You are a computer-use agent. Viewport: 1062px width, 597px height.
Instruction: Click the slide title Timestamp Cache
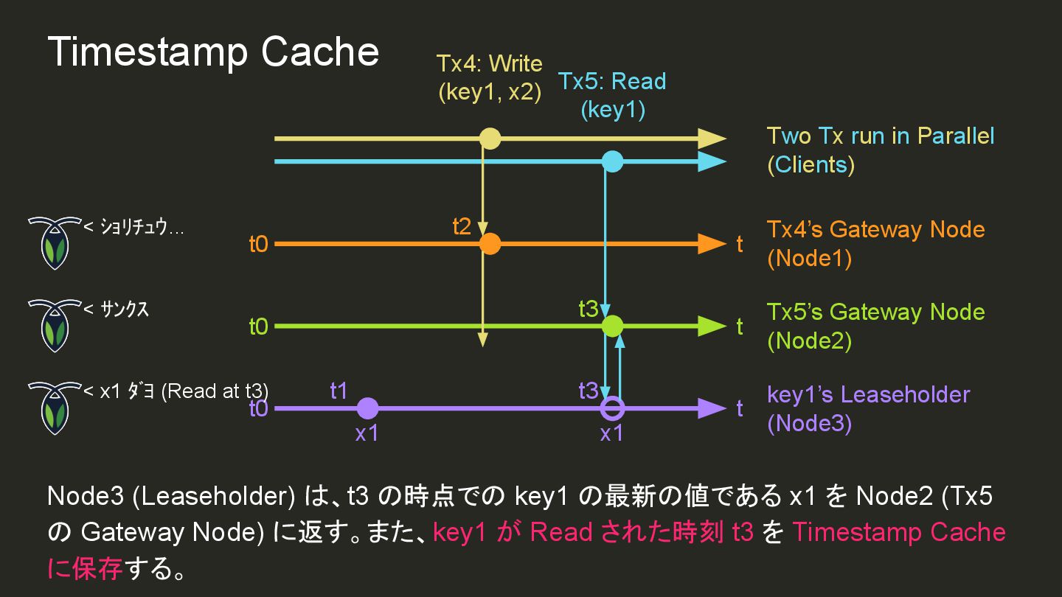point(213,52)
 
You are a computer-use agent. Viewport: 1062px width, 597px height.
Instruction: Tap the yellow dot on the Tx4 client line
point(490,139)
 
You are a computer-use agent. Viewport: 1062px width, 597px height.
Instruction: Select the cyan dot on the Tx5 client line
point(612,161)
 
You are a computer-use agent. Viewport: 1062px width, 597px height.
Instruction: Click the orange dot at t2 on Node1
point(490,244)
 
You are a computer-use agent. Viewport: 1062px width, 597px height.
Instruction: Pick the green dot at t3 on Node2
point(612,326)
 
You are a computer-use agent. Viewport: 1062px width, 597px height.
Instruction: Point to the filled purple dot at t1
point(367,408)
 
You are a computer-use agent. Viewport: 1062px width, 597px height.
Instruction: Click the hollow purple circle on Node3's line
point(612,408)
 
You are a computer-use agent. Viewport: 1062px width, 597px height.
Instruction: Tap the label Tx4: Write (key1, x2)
point(489,77)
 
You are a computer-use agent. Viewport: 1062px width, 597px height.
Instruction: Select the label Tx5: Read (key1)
point(612,95)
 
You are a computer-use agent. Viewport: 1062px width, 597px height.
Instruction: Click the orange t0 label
point(258,245)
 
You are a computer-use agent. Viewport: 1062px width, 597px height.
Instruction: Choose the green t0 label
point(258,327)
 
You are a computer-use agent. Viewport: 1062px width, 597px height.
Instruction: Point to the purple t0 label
point(258,409)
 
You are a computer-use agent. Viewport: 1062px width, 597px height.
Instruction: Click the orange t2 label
point(462,226)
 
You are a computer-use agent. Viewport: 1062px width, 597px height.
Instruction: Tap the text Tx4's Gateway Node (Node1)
point(875,243)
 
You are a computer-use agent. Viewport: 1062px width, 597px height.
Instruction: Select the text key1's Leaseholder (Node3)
point(868,408)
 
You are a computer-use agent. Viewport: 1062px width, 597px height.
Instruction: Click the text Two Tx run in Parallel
point(881,136)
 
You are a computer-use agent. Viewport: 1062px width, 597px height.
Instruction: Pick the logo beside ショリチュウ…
point(54,242)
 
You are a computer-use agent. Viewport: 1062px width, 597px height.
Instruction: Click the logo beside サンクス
point(54,324)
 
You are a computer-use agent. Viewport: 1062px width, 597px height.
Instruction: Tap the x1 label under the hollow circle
point(611,433)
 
